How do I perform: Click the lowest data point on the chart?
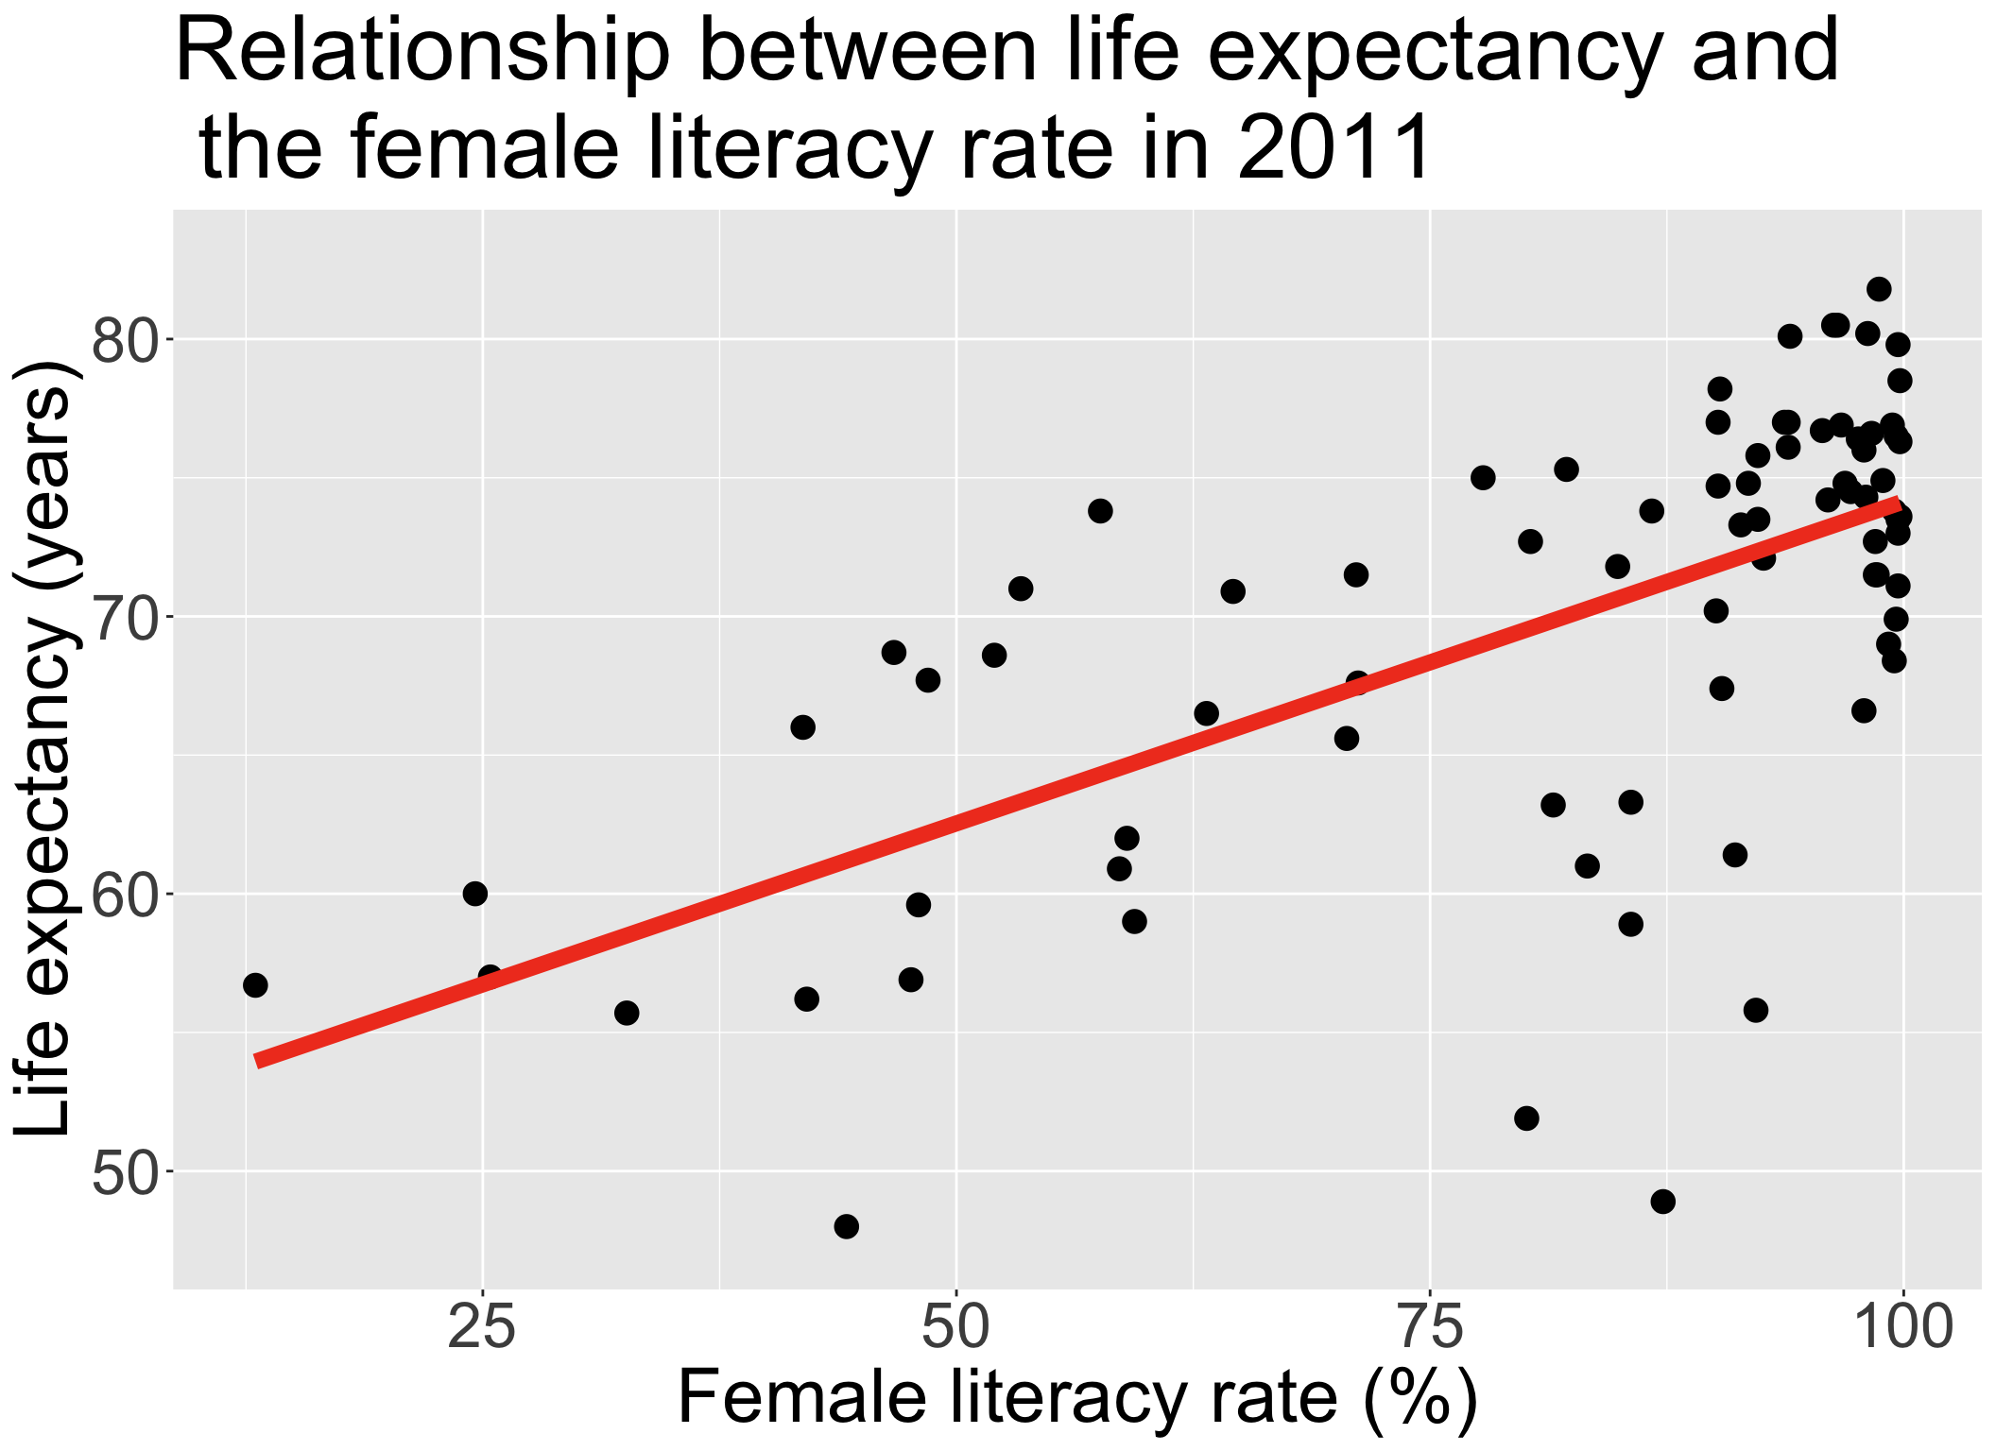coord(847,1226)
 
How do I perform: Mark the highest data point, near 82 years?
coord(1879,289)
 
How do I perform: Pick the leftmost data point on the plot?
coord(255,985)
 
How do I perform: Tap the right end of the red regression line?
coord(1898,504)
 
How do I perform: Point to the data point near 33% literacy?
coord(627,1013)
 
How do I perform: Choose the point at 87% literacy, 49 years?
coord(1663,1202)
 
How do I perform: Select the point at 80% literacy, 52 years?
coord(1526,1118)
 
